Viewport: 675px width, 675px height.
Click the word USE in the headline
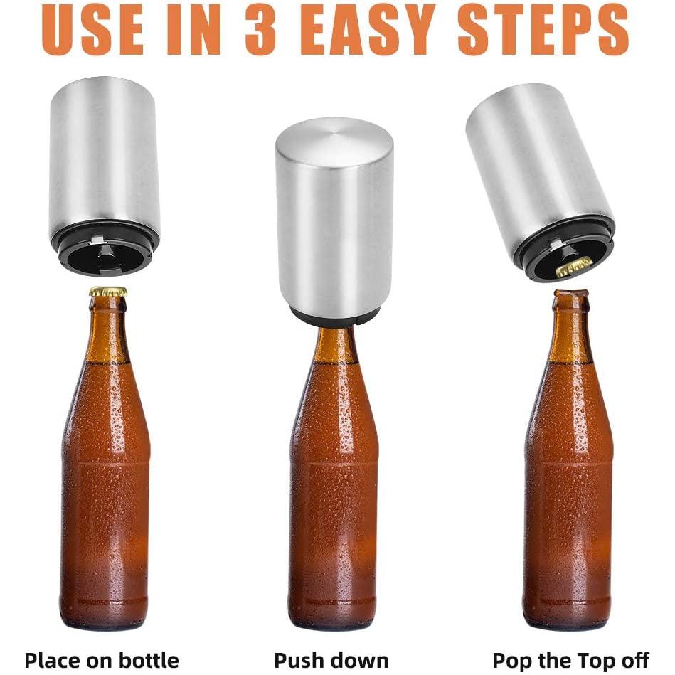92,30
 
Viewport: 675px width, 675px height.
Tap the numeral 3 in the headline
260,30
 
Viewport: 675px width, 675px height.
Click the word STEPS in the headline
543,30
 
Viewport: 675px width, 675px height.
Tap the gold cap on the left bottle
108,292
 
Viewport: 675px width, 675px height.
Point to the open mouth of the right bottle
571,294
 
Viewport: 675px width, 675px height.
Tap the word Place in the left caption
53,660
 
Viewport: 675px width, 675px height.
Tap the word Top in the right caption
595,660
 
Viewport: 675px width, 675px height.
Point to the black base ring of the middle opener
334,317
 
